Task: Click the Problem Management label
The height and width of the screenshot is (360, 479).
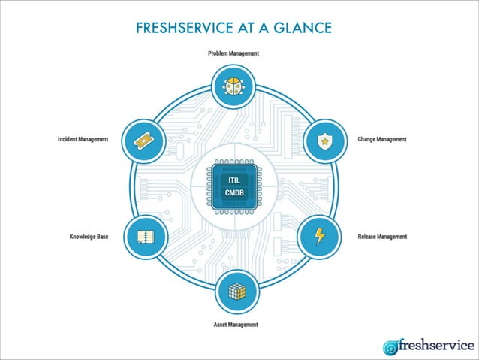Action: click(233, 53)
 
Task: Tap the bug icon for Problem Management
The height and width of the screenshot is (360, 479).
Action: click(233, 87)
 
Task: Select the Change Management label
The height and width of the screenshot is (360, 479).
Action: click(381, 139)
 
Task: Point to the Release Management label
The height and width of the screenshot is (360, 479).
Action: click(382, 237)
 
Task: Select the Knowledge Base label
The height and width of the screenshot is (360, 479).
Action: click(89, 237)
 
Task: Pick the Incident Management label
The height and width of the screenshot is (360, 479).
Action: click(83, 139)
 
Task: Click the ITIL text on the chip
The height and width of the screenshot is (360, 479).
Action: click(233, 180)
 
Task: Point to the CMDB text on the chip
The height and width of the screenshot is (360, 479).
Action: click(233, 194)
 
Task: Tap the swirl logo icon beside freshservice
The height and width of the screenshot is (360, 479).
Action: click(390, 347)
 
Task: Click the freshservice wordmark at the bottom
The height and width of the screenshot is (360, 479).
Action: click(436, 345)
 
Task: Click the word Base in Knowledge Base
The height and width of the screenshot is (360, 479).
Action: click(102, 237)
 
